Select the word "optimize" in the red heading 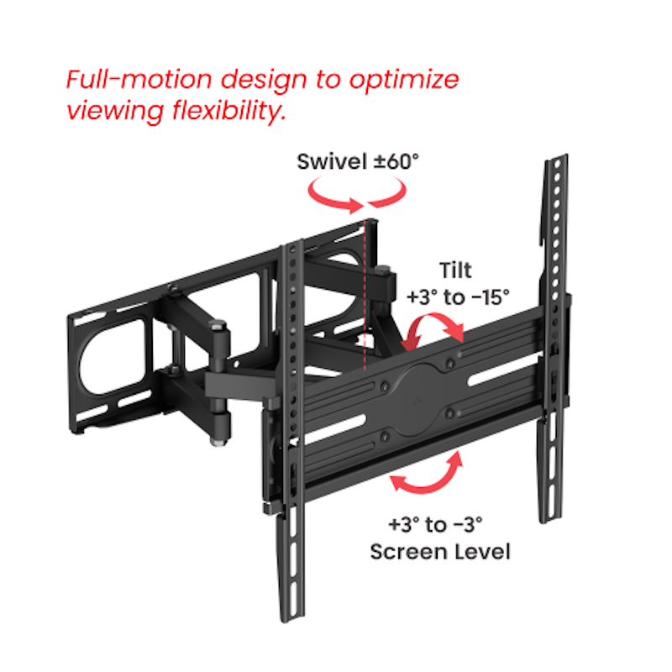coord(405,81)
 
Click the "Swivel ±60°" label coord(357,161)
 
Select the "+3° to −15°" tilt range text coord(459,297)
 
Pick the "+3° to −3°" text coord(435,526)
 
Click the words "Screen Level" coord(440,552)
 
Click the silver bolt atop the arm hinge coord(219,325)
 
